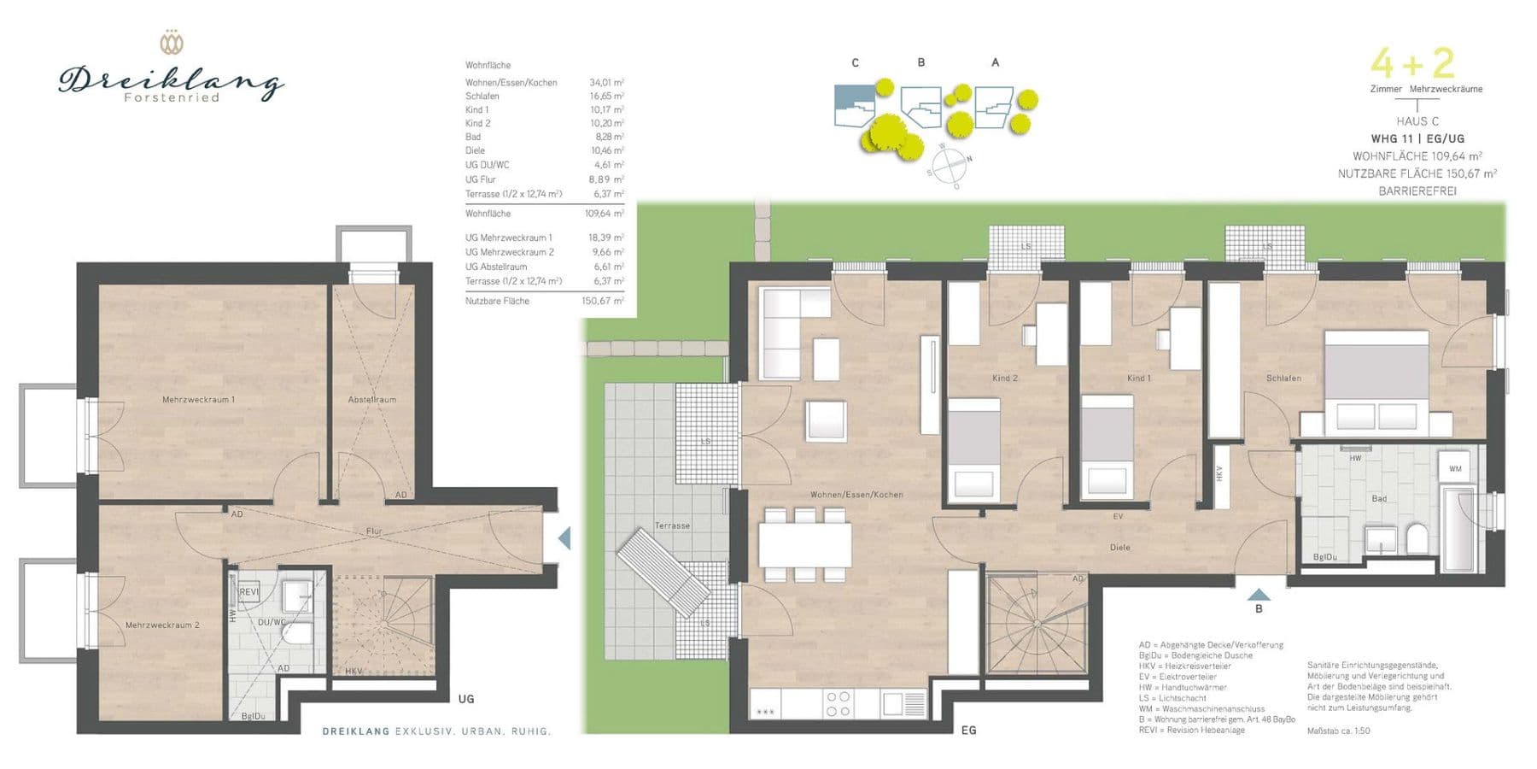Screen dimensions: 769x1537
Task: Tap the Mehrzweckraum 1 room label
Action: pos(198,399)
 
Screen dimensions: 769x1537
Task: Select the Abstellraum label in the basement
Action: pos(371,399)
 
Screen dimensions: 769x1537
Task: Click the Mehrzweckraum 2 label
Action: pos(162,625)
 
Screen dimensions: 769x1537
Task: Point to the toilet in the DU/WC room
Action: pos(298,633)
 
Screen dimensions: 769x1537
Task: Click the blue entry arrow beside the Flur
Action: pos(564,538)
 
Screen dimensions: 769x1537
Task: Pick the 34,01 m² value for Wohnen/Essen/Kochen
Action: pos(606,83)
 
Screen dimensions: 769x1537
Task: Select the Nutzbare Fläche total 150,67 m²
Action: pos(603,301)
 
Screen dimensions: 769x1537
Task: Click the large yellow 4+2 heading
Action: pos(1412,63)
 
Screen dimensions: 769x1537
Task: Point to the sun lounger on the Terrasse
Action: pos(664,572)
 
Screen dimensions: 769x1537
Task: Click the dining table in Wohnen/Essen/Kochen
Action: pos(804,544)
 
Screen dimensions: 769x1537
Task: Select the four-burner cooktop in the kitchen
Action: pos(838,704)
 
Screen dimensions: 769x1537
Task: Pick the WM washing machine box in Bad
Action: pos(1455,469)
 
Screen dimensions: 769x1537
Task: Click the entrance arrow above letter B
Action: pos(1259,594)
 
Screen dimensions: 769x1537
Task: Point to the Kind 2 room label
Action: pos(1004,378)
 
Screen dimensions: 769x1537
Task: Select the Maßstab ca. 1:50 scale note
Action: pos(1338,731)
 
